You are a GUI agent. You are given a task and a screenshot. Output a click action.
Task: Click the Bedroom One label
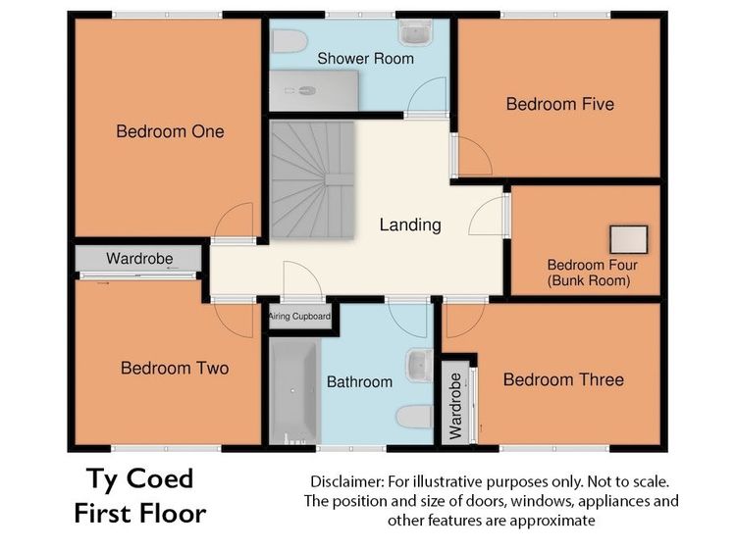click(170, 131)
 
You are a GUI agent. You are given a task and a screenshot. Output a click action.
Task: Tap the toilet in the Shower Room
click(290, 41)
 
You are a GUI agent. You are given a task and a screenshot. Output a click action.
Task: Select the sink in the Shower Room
click(415, 32)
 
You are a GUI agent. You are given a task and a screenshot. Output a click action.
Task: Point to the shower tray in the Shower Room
click(314, 91)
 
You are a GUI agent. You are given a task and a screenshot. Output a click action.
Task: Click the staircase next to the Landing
click(312, 179)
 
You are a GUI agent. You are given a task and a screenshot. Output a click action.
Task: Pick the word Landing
click(410, 225)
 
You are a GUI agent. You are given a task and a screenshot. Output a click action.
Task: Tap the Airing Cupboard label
click(299, 317)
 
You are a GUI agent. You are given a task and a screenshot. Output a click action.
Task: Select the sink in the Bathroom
click(419, 365)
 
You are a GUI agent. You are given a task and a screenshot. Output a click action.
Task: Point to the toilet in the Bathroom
click(414, 417)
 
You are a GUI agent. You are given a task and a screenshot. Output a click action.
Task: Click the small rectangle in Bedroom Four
click(629, 239)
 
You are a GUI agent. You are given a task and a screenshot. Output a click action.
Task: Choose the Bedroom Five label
click(560, 104)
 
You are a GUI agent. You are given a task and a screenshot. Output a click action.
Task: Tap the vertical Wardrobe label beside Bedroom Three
click(455, 406)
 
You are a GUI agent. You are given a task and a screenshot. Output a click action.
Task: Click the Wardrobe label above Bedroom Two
click(139, 259)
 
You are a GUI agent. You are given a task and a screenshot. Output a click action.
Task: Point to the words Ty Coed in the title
click(140, 479)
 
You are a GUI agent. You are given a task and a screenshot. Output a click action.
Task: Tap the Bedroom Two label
click(175, 368)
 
